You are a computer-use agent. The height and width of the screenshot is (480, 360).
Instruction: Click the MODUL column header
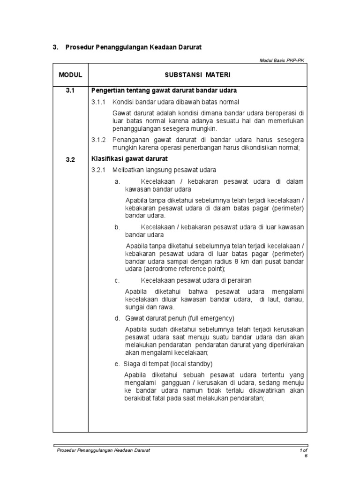[70, 75]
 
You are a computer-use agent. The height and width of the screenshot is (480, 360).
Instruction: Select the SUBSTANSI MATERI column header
[197, 75]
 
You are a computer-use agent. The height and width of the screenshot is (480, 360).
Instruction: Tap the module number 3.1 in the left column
[70, 90]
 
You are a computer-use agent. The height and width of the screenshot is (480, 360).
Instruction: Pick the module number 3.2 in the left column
[70, 159]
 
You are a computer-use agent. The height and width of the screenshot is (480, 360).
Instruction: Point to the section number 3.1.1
[99, 102]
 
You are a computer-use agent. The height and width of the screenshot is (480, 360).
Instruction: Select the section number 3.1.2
[99, 140]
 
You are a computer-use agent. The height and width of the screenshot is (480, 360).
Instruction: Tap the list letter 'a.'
[117, 181]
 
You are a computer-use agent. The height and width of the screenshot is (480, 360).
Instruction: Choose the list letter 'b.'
[117, 227]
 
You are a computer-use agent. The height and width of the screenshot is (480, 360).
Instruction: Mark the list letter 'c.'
[117, 280]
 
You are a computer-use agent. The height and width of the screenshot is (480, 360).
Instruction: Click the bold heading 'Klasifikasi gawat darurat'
[129, 159]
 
